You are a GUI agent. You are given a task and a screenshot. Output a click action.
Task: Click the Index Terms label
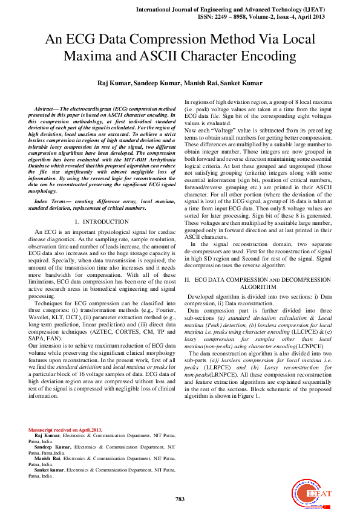(x=50, y=199)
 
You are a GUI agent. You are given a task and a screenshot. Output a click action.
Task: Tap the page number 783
(x=180, y=499)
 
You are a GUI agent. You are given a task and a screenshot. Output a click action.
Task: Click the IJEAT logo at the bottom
(x=313, y=493)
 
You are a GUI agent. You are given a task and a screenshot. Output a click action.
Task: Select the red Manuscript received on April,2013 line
(x=66, y=430)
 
